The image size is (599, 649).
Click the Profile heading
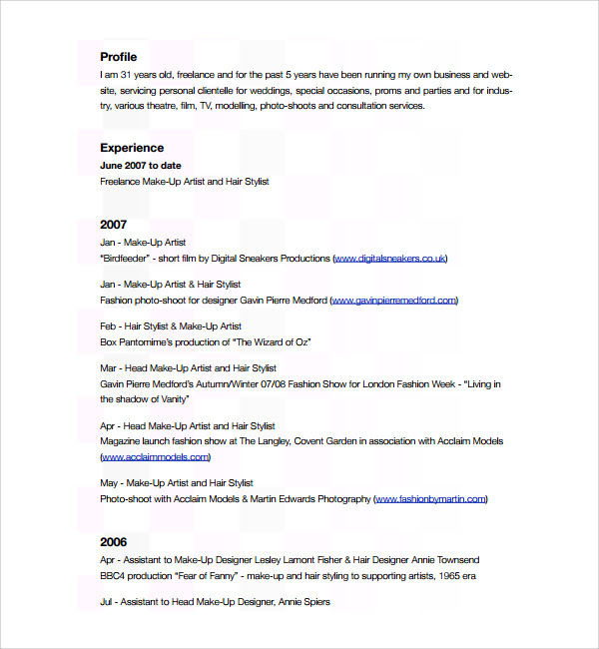(119, 57)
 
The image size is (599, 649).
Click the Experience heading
(132, 148)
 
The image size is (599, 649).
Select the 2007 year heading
(114, 225)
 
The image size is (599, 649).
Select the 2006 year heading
(114, 542)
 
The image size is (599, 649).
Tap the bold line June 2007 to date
(141, 165)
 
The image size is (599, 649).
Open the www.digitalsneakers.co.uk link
(389, 259)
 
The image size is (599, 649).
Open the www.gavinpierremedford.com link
(392, 300)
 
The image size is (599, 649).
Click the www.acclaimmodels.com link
(155, 456)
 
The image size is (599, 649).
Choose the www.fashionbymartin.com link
(429, 498)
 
